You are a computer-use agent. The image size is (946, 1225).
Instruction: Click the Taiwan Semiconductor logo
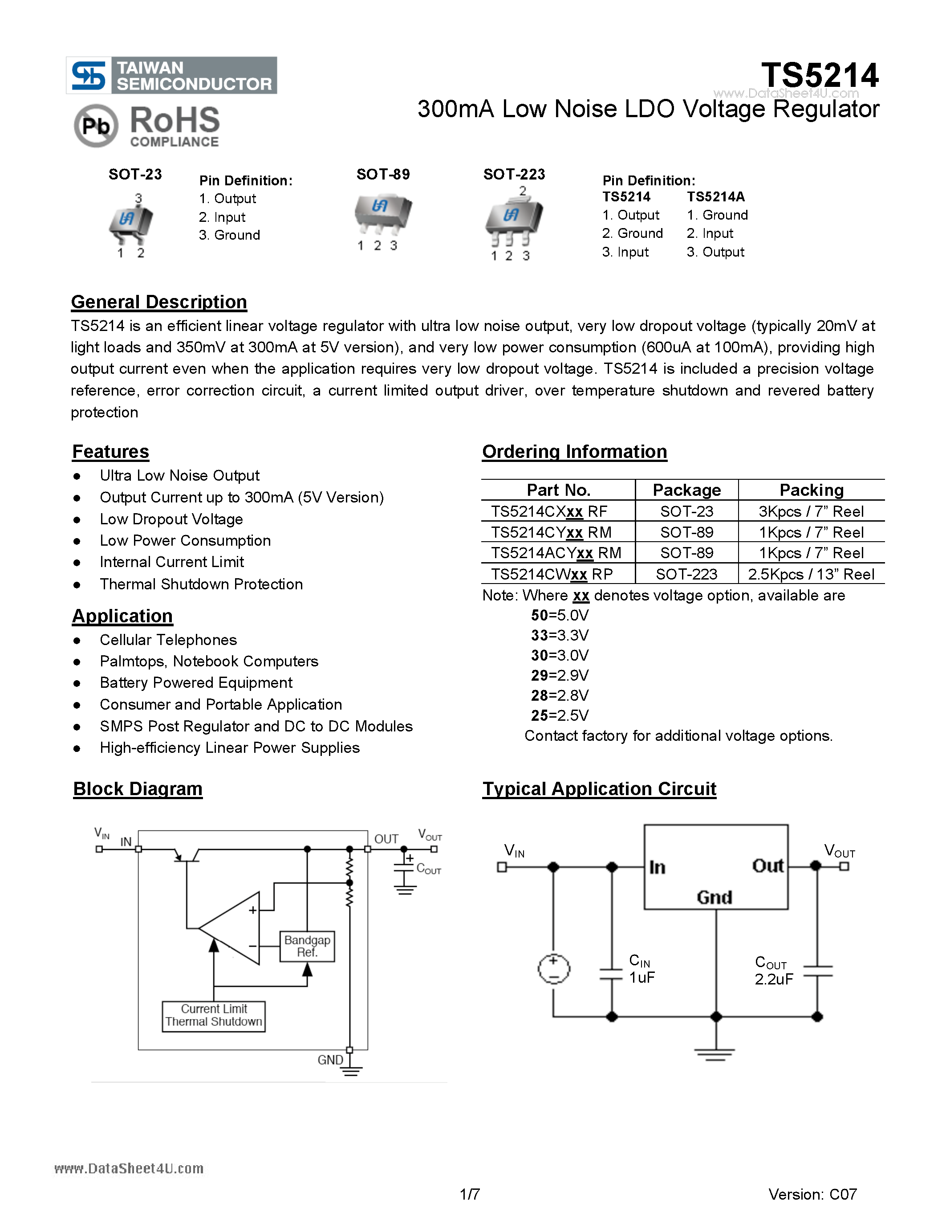click(x=171, y=75)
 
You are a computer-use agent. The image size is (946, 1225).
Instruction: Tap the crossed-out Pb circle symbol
click(x=96, y=126)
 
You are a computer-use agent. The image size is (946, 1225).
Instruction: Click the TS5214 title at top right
click(x=819, y=75)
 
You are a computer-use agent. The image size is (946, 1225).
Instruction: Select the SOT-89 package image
click(x=383, y=214)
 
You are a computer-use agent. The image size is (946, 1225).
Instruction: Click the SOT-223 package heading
click(x=514, y=175)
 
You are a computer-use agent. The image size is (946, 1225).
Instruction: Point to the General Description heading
click(x=158, y=302)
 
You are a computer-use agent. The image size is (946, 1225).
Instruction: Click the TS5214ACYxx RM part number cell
click(x=556, y=553)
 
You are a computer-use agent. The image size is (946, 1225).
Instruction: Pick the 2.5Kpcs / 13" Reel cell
click(x=811, y=574)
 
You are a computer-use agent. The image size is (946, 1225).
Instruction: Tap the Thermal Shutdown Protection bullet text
click(x=201, y=584)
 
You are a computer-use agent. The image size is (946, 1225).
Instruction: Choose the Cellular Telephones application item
click(x=168, y=640)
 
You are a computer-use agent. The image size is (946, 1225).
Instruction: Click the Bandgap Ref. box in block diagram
click(x=307, y=946)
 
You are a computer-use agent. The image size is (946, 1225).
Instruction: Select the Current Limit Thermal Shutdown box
click(x=214, y=1015)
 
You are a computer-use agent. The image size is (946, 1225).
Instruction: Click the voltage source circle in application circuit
click(x=554, y=969)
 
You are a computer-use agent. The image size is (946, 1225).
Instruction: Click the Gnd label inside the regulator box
click(x=714, y=898)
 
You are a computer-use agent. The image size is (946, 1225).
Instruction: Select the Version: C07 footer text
click(x=812, y=1194)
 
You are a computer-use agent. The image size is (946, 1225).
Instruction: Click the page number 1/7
click(x=470, y=1194)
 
